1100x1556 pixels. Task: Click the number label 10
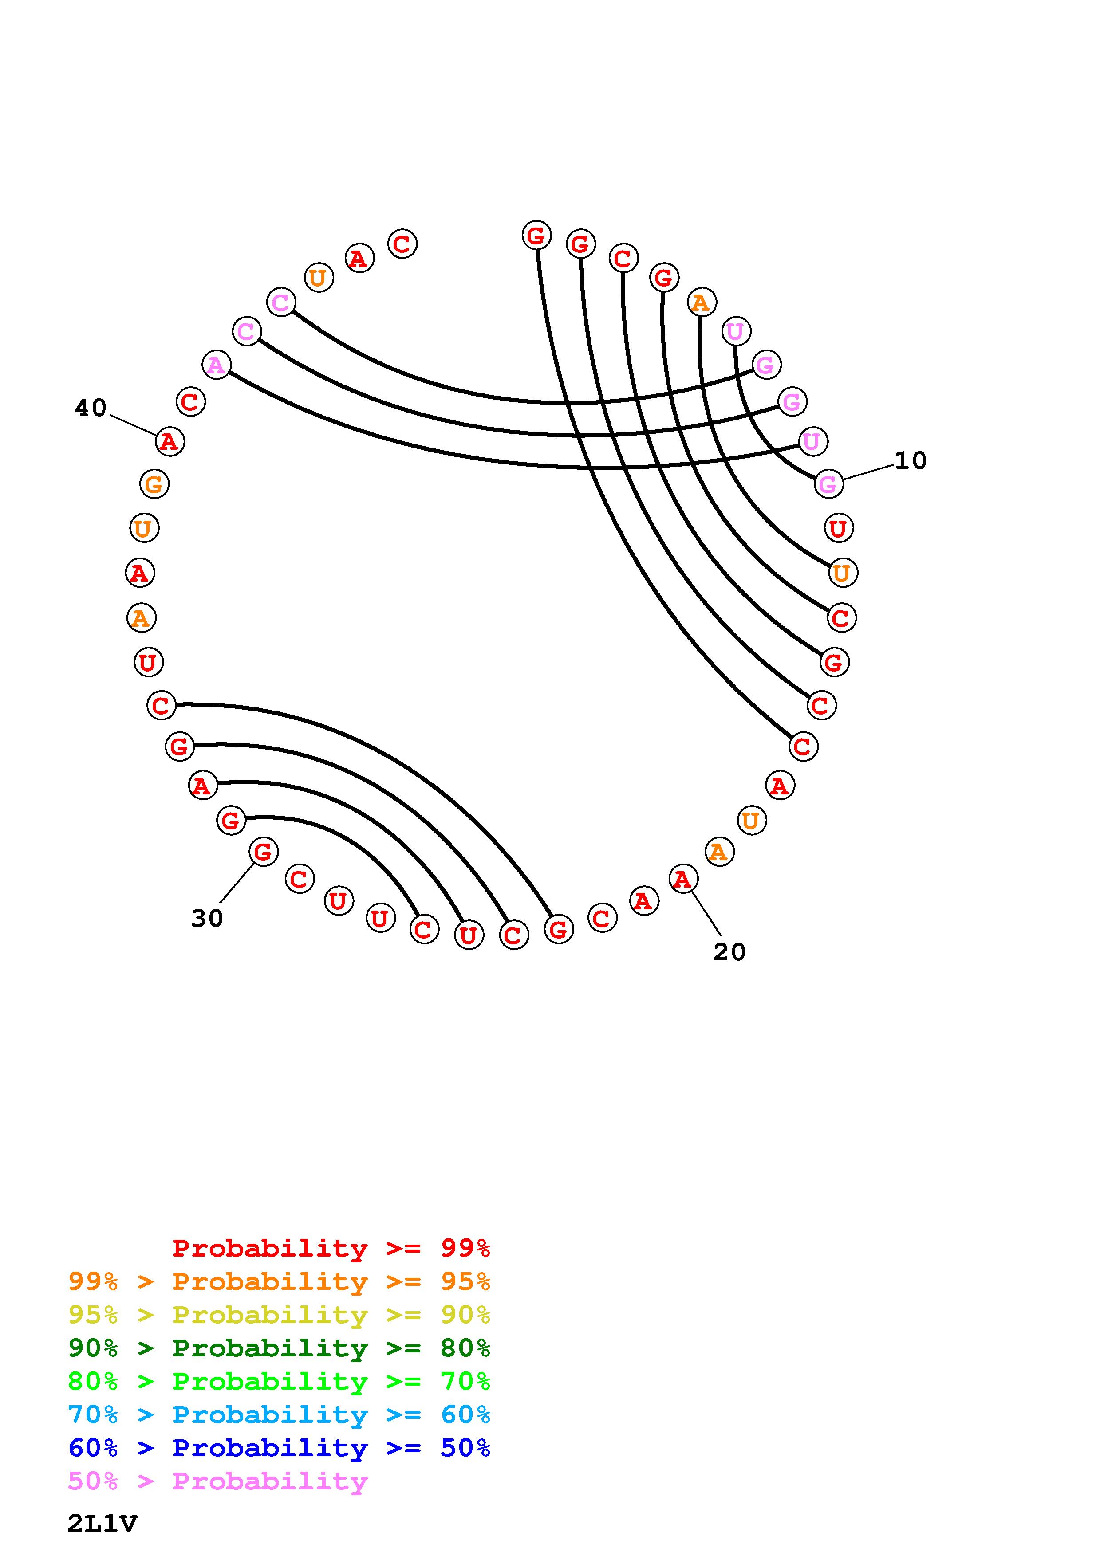[910, 461]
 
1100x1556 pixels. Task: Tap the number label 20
[729, 952]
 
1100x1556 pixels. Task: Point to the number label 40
[91, 408]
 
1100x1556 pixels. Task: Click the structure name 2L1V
[103, 1524]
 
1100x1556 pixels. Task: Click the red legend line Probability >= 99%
[331, 1248]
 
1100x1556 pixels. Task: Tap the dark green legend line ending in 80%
[279, 1348]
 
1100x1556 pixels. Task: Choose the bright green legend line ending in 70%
[279, 1382]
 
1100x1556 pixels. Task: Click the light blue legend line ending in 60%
[279, 1415]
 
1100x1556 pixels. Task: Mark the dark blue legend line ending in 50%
[279, 1448]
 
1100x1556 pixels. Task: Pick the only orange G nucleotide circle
[154, 484]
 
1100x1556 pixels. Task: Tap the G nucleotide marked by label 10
[828, 484]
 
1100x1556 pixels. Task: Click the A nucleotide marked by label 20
[682, 879]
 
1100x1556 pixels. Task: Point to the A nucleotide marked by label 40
[170, 442]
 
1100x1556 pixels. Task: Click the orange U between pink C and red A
[318, 278]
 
